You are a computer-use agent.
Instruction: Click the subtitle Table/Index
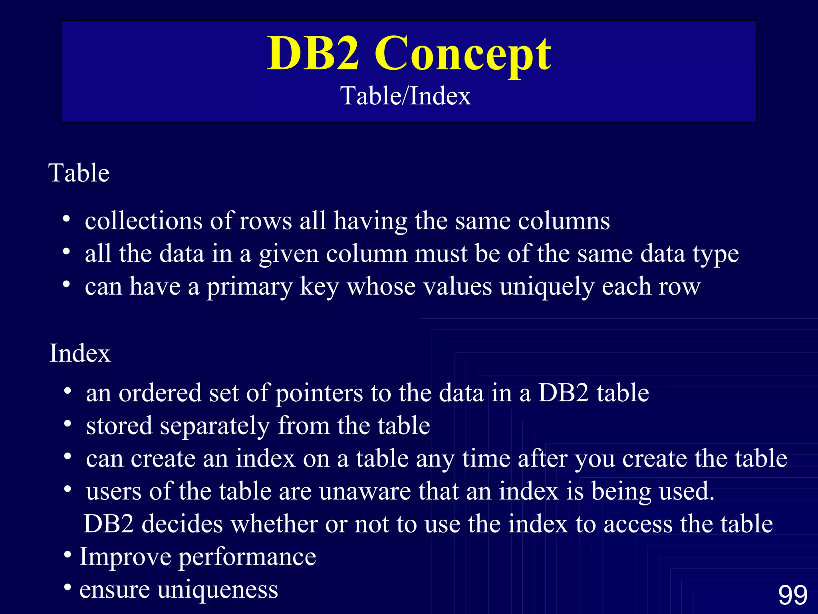click(x=405, y=96)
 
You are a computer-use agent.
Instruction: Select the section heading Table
click(x=79, y=173)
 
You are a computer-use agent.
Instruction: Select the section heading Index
click(x=80, y=353)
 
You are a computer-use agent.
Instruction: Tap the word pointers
click(x=319, y=393)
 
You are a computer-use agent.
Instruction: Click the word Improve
click(x=125, y=557)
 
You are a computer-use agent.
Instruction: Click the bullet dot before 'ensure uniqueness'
click(x=68, y=588)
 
